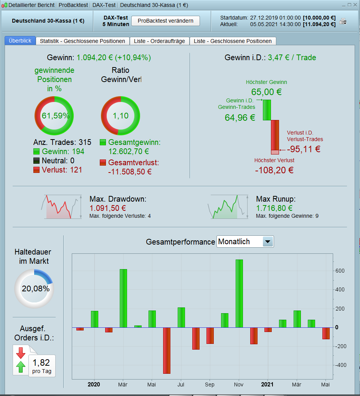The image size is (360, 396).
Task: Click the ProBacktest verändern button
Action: tap(165, 21)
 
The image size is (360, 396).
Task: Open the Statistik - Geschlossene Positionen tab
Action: tap(83, 41)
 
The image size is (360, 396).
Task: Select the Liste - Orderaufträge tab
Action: tap(159, 41)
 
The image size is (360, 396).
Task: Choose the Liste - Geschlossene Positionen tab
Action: tap(233, 41)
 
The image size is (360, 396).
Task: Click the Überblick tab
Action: tap(20, 41)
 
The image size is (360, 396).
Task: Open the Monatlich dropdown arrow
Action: tap(268, 242)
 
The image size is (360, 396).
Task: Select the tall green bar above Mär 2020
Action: tap(123, 298)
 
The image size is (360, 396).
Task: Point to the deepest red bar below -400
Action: tap(167, 350)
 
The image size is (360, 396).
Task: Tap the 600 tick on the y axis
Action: tap(340, 271)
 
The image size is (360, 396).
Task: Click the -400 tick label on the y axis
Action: tap(339, 365)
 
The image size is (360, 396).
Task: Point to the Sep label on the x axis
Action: tap(210, 384)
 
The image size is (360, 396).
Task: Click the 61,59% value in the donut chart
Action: tap(54, 116)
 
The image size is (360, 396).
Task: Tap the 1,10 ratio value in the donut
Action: tap(121, 116)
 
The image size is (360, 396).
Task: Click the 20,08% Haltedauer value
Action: tap(35, 289)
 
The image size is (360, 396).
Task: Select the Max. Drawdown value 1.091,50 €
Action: tap(108, 208)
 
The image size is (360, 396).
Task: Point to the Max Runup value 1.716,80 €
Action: tap(274, 208)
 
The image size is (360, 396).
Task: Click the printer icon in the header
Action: tap(343, 21)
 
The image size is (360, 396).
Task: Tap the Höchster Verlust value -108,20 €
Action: tap(274, 169)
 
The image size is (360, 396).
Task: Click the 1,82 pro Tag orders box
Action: tap(41, 365)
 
